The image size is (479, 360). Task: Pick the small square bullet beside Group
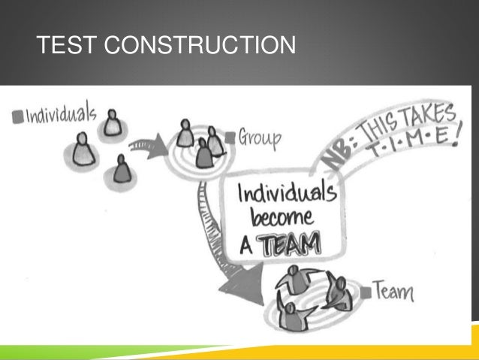coord(232,138)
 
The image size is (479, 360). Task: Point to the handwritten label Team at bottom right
coord(393,289)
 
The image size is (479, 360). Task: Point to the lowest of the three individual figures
coord(121,169)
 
